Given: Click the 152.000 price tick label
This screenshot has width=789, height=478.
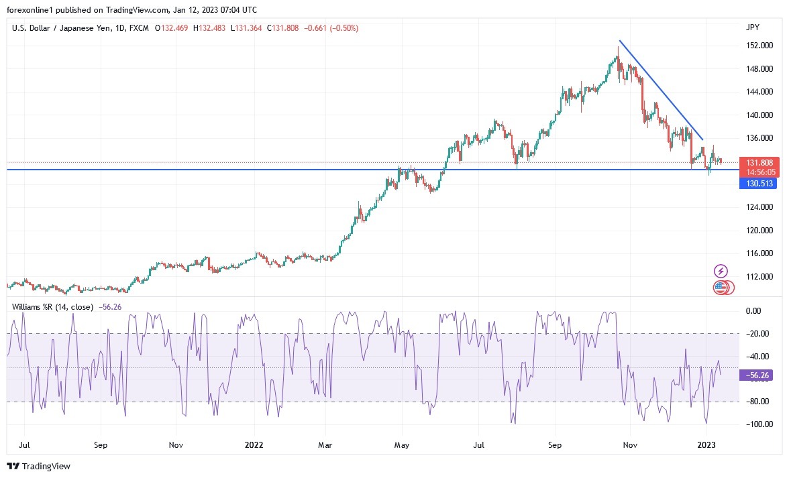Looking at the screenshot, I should tap(759, 46).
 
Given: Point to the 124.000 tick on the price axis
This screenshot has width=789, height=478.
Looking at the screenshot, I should tap(759, 207).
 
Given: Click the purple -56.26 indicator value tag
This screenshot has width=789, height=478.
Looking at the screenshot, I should tap(756, 376).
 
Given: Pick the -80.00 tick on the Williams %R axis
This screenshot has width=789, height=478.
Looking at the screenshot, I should tap(756, 402).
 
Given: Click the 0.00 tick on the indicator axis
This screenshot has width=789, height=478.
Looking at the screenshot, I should tap(753, 311).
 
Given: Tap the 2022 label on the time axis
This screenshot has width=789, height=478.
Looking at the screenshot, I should tap(254, 444).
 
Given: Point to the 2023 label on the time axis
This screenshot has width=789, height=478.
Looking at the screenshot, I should tap(706, 444).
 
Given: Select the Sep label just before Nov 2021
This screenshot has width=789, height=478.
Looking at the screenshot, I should tap(101, 444).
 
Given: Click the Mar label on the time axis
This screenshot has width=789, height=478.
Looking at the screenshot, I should tap(325, 444).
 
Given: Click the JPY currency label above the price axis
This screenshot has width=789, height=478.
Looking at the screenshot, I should tap(752, 27).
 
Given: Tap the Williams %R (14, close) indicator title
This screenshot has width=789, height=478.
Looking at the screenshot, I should tap(52, 307).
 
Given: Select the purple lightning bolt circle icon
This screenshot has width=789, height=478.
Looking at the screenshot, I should tap(721, 271).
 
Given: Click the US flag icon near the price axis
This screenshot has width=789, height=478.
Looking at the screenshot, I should tap(719, 288).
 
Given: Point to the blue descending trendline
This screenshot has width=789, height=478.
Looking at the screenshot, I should tap(661, 91).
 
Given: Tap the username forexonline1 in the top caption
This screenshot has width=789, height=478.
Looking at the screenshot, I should tap(32, 10).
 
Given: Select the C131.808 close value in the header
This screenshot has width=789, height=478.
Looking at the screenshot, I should tap(284, 28).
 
